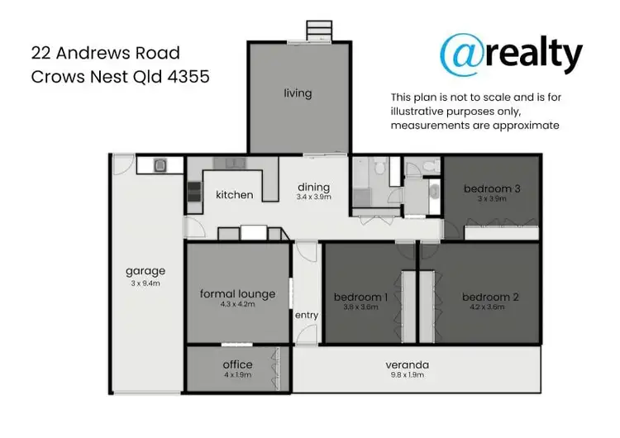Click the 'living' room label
click(298, 93)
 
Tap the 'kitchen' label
click(234, 195)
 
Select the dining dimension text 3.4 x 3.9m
click(314, 198)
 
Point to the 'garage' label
click(145, 270)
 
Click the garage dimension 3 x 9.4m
click(145, 283)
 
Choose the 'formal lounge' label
click(237, 293)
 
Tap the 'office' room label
click(237, 364)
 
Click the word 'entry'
click(307, 315)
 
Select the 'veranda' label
click(408, 364)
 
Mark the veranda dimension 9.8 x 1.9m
click(408, 376)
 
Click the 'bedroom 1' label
click(360, 297)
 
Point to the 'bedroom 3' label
click(492, 188)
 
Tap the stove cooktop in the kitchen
click(193, 193)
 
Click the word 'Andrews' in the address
click(89, 54)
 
